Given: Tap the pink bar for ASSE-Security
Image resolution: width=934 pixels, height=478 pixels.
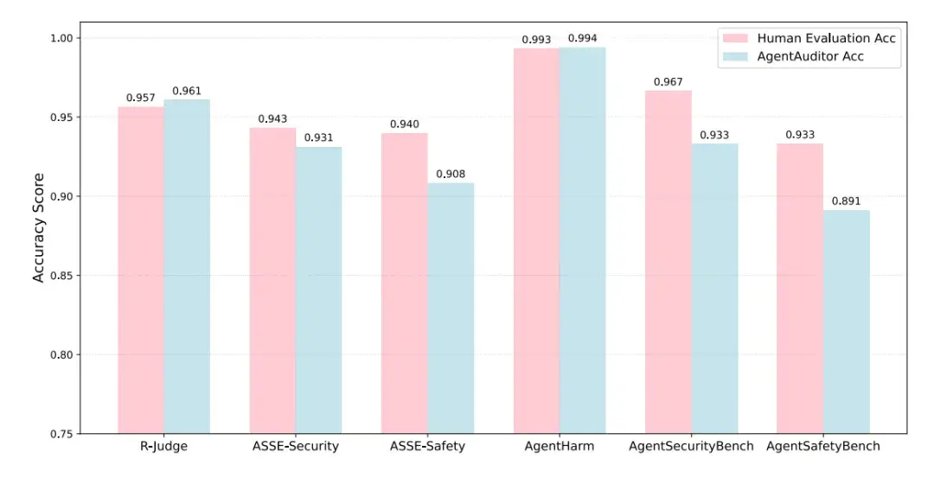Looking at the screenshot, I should (272, 280).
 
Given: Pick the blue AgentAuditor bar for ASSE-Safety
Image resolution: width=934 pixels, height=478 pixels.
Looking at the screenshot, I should (451, 308).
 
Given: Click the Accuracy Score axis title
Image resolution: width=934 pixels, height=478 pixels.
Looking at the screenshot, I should (38, 236).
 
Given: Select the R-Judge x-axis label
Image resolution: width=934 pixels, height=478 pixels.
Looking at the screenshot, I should (163, 447).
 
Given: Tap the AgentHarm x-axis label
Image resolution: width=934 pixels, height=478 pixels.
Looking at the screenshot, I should (560, 447).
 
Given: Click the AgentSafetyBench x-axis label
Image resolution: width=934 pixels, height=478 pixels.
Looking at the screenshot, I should (823, 447).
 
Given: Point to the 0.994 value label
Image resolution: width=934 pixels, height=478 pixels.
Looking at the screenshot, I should (583, 39).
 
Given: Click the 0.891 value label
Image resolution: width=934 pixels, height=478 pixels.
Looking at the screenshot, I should (847, 201).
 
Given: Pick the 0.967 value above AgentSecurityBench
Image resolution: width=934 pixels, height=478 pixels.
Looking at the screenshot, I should (669, 82).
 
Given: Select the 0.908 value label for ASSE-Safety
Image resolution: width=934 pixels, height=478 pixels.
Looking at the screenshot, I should (451, 175).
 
